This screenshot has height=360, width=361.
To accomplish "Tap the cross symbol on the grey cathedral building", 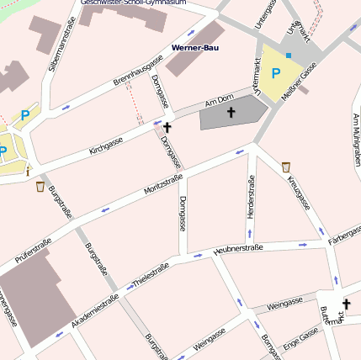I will pyautogui.click(x=231, y=111).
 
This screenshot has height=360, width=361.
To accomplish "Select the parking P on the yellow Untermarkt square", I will pyautogui.click(x=275, y=74).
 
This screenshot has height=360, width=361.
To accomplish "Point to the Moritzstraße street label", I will pyautogui.click(x=163, y=183).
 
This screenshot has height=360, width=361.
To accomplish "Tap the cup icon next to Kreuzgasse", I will pyautogui.click(x=286, y=167).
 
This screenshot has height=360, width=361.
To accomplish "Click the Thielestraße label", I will pyautogui.click(x=151, y=277).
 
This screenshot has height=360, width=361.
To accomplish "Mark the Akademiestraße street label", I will pyautogui.click(x=95, y=312).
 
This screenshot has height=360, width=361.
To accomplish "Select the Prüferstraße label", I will pyautogui.click(x=34, y=251).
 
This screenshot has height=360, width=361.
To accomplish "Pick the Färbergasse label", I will pyautogui.click(x=344, y=236).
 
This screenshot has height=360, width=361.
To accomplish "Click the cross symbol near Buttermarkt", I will pyautogui.click(x=345, y=304).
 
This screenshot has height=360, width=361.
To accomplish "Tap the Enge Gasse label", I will pyautogui.click(x=300, y=338).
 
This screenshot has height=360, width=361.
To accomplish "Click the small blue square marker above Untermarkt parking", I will pyautogui.click(x=289, y=56).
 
